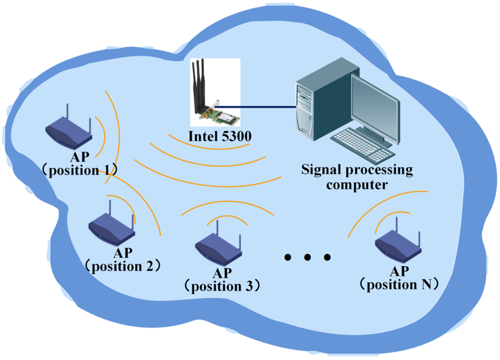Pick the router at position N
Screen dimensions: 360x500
click(x=398, y=244)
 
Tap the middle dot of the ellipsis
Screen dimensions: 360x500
click(x=308, y=257)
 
